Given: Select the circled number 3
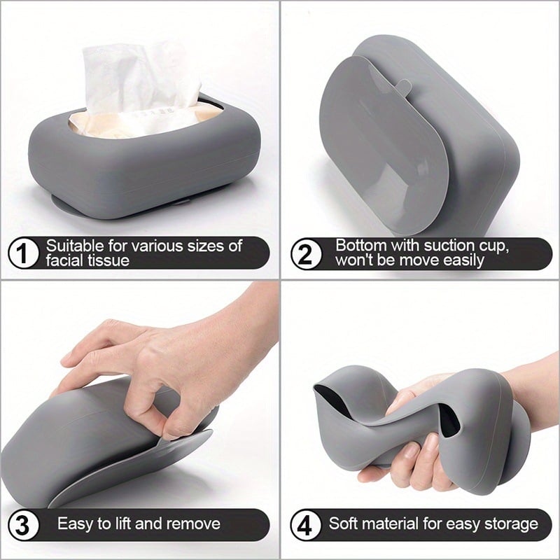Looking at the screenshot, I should [24, 524].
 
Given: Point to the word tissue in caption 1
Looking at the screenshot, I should [109, 261].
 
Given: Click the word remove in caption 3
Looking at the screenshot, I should [195, 524].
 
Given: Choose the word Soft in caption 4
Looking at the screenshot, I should [344, 524].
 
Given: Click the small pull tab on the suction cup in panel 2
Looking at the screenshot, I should [402, 86].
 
